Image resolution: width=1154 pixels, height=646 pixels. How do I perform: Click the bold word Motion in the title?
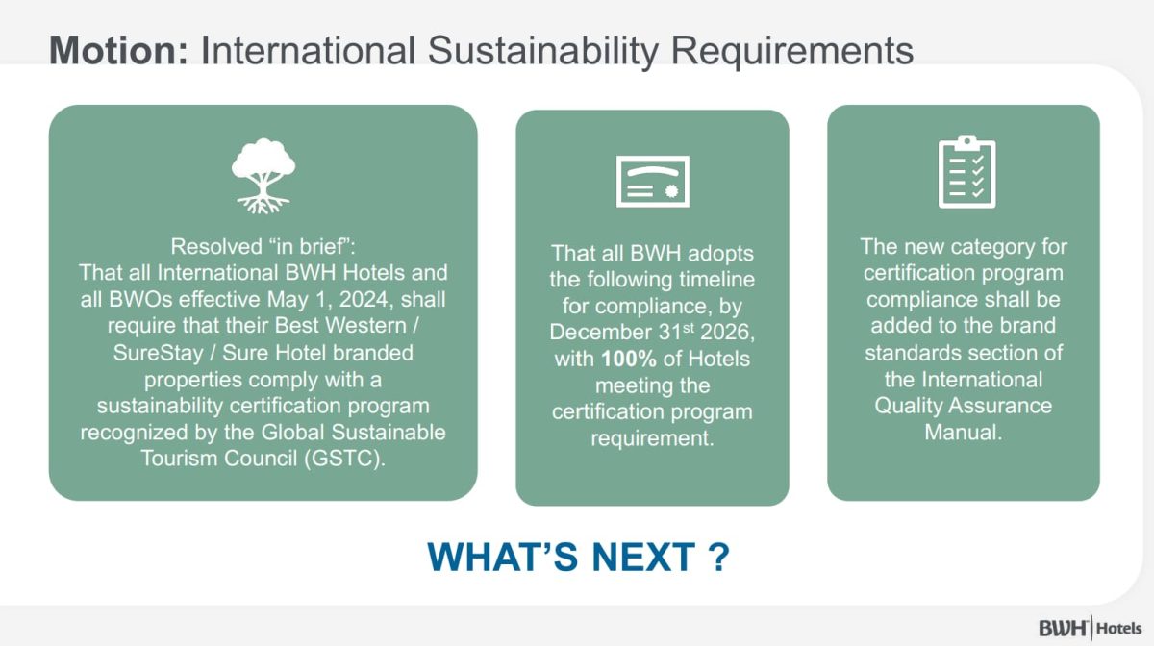pos(119,50)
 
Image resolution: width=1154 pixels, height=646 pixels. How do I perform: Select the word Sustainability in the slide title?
pos(543,52)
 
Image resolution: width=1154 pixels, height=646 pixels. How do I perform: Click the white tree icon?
pos(263,176)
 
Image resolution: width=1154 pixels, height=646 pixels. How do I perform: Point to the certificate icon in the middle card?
pos(653,181)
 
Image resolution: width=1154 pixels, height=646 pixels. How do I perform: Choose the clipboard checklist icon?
pos(967,171)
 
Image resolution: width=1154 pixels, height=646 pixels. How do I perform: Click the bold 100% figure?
pos(629,360)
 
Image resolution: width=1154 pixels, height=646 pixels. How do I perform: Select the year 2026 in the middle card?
pos(727,333)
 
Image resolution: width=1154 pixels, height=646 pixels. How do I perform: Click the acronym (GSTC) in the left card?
pos(344,459)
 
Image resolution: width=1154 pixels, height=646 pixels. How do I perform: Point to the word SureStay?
pos(158,354)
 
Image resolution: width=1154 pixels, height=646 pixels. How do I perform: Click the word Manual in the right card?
pos(964,433)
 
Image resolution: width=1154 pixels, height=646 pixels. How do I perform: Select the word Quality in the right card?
pos(908,406)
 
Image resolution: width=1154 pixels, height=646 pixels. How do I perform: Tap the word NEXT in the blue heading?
pos(643,557)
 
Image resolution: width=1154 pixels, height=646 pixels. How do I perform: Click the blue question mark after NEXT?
pos(718,557)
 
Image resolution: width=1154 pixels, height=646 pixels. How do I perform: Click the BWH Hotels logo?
pos(1090,628)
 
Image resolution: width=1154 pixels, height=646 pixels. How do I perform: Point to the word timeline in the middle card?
pos(716,280)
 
